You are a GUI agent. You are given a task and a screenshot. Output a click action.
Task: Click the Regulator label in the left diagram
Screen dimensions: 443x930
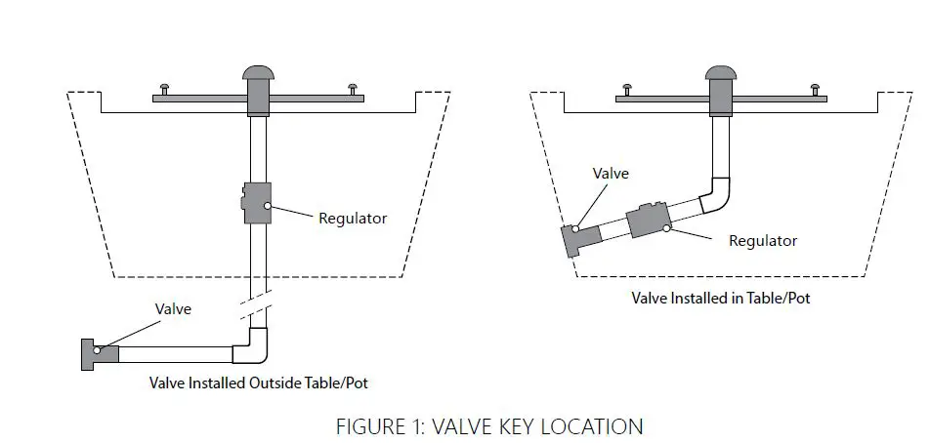coord(352,218)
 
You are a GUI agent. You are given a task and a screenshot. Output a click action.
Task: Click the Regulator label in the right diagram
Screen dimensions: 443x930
coord(763,240)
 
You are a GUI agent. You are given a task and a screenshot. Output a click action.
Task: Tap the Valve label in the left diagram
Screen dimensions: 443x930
coord(173,308)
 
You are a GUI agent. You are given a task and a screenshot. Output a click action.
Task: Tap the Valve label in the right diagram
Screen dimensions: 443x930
coord(611,174)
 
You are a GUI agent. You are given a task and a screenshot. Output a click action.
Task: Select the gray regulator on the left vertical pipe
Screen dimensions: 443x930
coord(259,202)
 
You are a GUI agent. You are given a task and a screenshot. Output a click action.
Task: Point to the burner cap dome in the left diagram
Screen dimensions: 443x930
coord(259,74)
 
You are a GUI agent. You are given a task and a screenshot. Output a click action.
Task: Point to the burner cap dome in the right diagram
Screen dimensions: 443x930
coord(721,73)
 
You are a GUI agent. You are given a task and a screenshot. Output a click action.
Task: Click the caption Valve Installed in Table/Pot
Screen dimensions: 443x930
coord(721,298)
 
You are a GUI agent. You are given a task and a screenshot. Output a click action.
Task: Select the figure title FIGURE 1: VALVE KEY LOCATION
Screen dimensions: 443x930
coord(488,426)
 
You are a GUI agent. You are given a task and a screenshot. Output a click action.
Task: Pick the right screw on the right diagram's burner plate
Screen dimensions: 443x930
coord(814,90)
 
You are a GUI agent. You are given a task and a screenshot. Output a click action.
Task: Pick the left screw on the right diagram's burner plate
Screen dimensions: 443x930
coord(628,90)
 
